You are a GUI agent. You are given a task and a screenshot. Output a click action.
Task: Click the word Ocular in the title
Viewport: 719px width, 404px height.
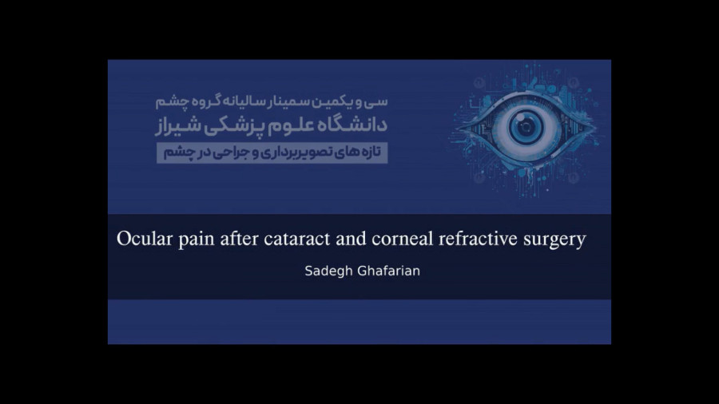(x=145, y=239)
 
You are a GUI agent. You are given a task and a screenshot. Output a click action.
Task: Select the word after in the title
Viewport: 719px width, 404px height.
(x=239, y=239)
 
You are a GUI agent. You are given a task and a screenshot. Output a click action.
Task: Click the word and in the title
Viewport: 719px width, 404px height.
(x=351, y=239)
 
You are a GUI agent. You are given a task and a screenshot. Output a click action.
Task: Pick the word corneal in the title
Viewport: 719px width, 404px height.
(x=402, y=239)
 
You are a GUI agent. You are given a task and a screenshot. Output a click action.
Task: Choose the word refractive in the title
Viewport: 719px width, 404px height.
(x=478, y=239)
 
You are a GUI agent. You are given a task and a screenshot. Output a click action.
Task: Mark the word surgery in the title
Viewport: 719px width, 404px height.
(x=554, y=240)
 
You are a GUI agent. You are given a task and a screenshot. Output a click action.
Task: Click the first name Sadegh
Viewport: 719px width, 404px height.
(x=326, y=271)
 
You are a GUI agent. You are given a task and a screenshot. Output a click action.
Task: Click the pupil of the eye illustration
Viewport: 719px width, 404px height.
(x=526, y=127)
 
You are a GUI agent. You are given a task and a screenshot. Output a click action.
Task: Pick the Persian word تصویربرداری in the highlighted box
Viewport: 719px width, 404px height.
(x=294, y=153)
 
